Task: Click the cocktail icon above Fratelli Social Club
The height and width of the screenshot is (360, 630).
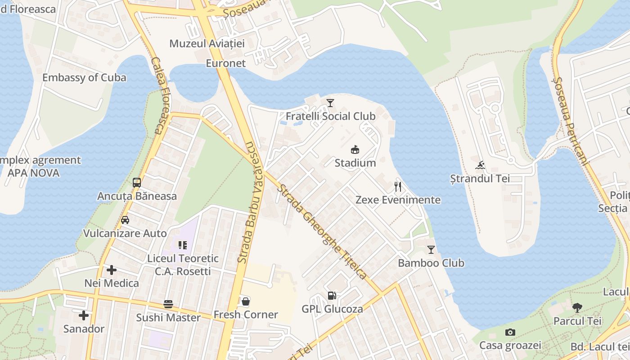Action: coord(330,103)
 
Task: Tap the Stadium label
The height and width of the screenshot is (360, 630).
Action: coord(355,163)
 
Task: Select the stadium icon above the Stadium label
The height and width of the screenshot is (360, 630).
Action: coord(355,149)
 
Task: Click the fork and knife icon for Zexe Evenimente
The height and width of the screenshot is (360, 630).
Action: coord(398,186)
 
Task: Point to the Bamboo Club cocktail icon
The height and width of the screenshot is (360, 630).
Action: coord(431,249)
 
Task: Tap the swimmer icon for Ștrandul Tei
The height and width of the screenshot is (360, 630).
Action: coord(480,165)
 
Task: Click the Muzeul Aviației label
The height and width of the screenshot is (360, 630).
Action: coord(207,44)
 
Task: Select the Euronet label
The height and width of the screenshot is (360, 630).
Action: coord(226,63)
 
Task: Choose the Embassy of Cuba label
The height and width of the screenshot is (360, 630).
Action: coord(84,77)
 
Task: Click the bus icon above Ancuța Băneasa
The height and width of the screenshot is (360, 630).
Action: coord(137,183)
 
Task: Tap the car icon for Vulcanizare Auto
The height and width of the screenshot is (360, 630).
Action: coord(125,220)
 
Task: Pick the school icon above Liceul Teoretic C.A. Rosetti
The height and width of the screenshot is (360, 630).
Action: coord(183,245)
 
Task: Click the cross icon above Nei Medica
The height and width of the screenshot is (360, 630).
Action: coord(112,270)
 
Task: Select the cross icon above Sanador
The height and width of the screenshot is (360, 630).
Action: coord(84,315)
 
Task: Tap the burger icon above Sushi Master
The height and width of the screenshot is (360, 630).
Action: coord(168,304)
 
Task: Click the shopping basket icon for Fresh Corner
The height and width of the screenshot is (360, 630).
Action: coord(246,301)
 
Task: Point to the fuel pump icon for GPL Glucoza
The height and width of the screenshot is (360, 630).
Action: coord(332,296)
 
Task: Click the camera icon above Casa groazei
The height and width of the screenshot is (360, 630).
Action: coord(510,332)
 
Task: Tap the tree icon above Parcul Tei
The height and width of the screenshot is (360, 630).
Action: coord(577,308)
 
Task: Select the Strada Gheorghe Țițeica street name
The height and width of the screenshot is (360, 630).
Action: coord(322,232)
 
